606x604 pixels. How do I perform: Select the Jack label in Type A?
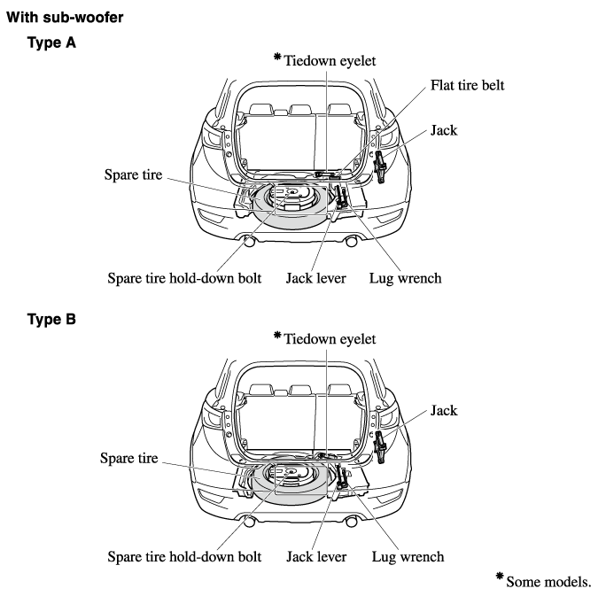(445, 130)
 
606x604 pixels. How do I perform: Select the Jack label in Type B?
(445, 410)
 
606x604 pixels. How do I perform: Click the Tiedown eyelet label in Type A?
(330, 60)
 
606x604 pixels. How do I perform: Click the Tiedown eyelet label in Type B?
(330, 338)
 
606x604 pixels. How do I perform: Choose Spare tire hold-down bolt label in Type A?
(184, 278)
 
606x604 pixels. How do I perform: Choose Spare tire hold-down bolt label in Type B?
(184, 557)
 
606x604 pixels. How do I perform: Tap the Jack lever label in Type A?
(315, 278)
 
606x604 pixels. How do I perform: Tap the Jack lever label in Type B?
(315, 557)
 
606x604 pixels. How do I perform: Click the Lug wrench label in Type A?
(405, 278)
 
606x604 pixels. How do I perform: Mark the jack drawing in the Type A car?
(381, 166)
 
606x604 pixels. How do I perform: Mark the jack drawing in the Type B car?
(381, 445)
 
